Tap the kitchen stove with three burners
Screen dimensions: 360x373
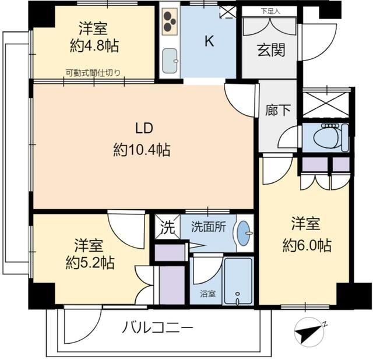coord(170,22)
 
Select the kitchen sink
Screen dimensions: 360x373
coord(170,59)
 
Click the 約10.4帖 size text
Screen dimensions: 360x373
coord(142,150)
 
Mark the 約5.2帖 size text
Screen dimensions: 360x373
coord(89,262)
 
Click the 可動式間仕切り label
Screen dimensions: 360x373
coord(93,73)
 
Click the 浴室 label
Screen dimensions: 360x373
coord(208,294)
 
